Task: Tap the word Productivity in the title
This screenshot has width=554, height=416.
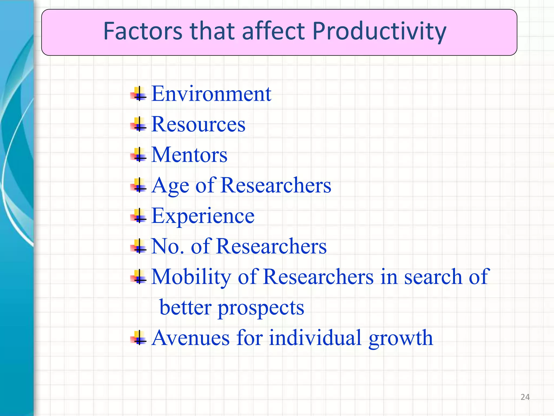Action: pos(379,32)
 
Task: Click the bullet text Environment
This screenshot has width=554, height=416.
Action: pos(211,94)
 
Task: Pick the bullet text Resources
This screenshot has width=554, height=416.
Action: pos(198,124)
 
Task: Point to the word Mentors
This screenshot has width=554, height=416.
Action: pos(189,155)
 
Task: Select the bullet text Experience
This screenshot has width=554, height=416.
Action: pos(203,216)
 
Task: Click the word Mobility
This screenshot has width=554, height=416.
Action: pos(191,277)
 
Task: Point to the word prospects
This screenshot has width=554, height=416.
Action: pos(261,308)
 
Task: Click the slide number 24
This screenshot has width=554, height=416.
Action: pos(525,397)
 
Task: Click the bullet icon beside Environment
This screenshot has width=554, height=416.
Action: pos(139,94)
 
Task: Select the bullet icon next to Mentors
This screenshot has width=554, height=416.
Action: pos(139,155)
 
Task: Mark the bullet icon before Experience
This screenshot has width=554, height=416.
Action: pos(139,216)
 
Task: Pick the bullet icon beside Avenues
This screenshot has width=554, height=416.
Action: pos(139,338)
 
